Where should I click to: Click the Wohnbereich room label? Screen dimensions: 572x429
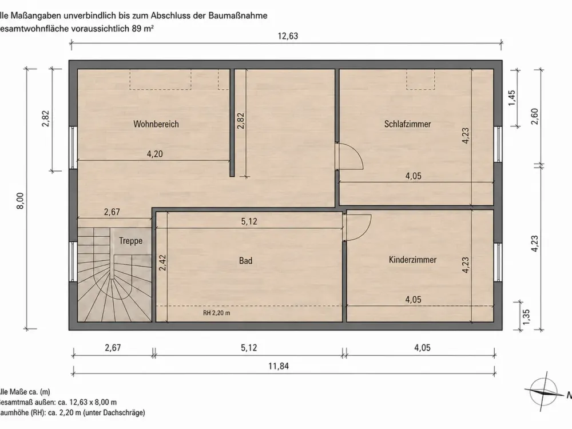click(x=156, y=124)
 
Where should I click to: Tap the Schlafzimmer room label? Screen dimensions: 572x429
click(x=407, y=124)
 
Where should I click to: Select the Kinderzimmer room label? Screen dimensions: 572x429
click(x=412, y=260)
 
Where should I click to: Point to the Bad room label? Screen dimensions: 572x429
click(x=245, y=261)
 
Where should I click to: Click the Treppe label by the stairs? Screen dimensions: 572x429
click(x=130, y=241)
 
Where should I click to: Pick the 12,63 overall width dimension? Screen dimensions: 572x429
click(x=288, y=36)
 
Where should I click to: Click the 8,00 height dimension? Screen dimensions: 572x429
click(x=20, y=201)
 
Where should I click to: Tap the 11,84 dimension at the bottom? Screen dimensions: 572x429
click(x=279, y=366)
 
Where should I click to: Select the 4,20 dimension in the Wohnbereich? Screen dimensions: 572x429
click(x=154, y=154)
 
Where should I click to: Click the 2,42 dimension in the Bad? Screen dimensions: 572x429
click(x=162, y=263)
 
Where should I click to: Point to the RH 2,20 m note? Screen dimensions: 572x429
click(x=217, y=313)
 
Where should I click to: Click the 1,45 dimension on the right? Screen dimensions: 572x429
click(x=512, y=98)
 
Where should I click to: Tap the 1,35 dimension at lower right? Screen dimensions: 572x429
click(x=526, y=317)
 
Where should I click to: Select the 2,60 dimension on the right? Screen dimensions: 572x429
click(x=535, y=116)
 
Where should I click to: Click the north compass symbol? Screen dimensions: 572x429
click(x=543, y=392)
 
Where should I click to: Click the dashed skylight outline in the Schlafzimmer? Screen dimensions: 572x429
click(x=420, y=79)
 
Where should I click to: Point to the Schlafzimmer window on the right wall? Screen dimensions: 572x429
click(x=498, y=144)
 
